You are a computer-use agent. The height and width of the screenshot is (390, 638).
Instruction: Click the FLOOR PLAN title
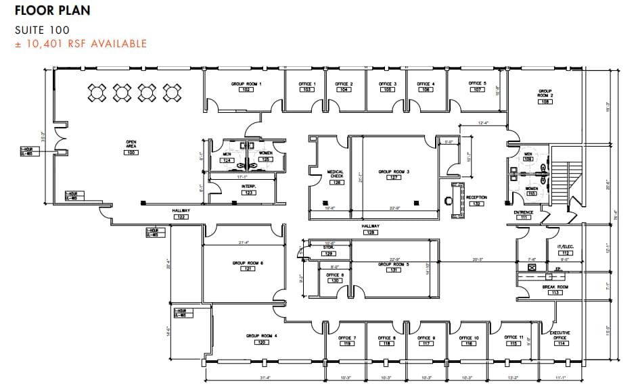tap(52, 11)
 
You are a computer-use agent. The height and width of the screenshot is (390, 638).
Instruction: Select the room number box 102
tap(246, 90)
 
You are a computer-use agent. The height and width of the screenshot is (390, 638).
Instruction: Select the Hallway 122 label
tap(181, 214)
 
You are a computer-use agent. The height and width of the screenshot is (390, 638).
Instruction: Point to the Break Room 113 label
tap(555, 289)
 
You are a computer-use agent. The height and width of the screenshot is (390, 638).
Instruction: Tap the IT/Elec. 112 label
tap(565, 250)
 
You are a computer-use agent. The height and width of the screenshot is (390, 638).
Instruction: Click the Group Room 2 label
tap(545, 96)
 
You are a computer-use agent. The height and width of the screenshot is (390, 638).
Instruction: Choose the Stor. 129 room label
tap(328, 250)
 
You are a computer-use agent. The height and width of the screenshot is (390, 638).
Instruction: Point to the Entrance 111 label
tap(524, 215)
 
